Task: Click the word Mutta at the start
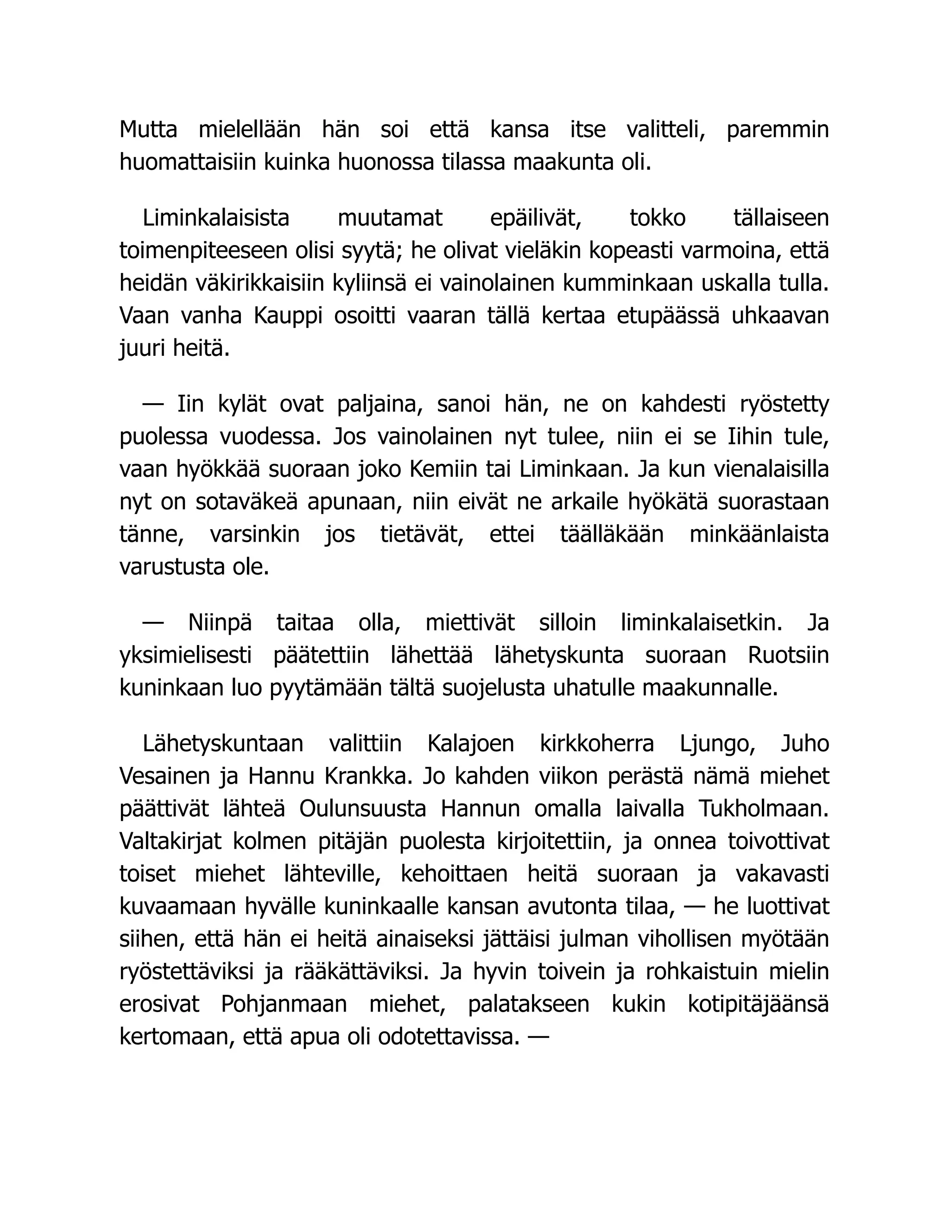[148, 130]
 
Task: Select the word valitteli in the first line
[665, 130]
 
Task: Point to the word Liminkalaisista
[216, 218]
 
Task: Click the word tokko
[657, 218]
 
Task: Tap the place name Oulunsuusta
[363, 809]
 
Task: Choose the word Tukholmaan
[764, 809]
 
